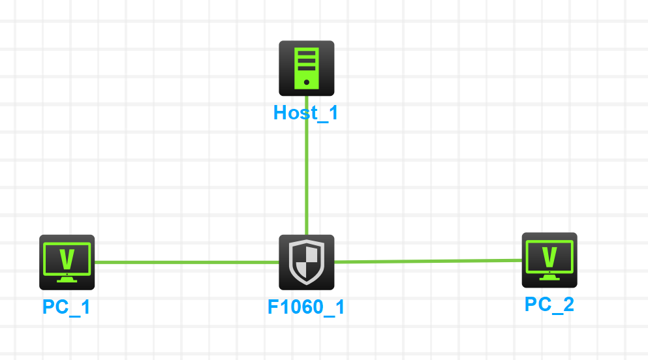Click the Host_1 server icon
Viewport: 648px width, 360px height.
pos(307,68)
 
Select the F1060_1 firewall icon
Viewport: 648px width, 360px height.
pos(307,262)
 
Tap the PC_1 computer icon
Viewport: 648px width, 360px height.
pos(67,262)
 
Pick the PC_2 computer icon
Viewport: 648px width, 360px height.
pos(549,260)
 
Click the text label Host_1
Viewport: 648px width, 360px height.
pos(306,113)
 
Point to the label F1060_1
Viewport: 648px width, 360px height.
pos(306,307)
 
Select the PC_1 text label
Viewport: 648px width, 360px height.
pos(67,307)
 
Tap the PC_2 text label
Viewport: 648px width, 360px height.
pos(549,304)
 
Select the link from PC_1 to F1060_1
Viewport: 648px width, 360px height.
pos(186,263)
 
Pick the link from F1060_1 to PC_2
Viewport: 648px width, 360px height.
pos(427,261)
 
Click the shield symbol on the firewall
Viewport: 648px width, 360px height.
pos(307,262)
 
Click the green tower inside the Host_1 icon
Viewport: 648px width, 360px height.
pos(307,68)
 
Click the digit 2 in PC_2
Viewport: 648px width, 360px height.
pos(568,304)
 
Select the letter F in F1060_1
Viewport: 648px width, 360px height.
pos(273,307)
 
